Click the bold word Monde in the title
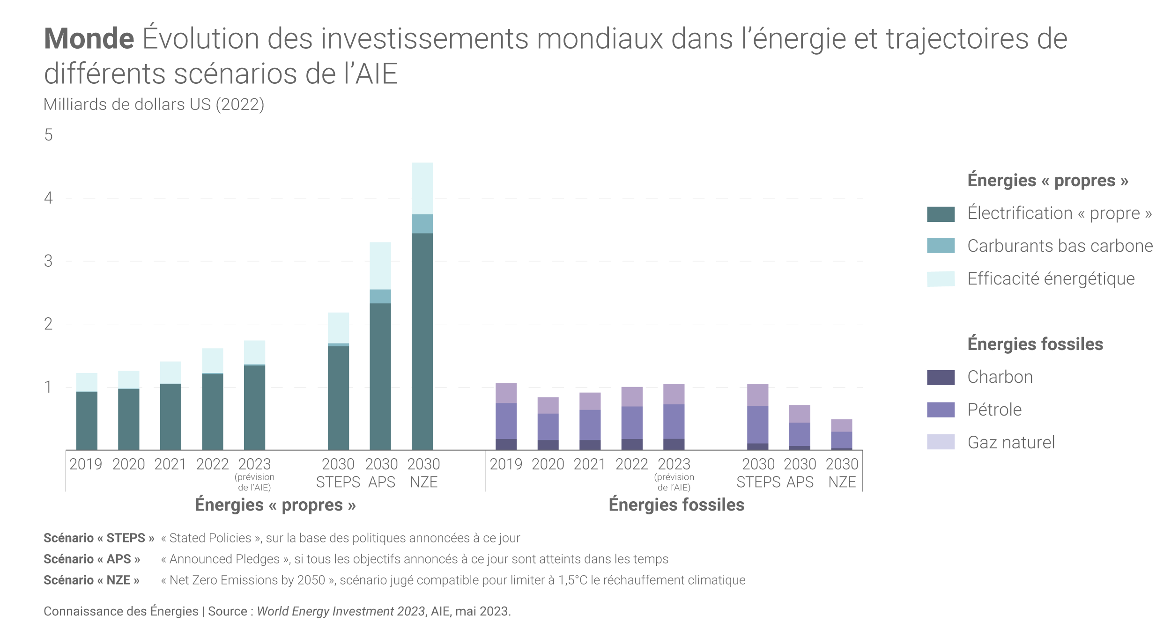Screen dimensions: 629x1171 tap(89, 38)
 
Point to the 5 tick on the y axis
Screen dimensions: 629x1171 tap(48, 135)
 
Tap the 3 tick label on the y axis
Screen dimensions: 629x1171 tap(48, 261)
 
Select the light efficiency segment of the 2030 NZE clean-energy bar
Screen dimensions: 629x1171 tap(422, 189)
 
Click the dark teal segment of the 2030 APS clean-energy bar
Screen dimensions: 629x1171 tap(380, 376)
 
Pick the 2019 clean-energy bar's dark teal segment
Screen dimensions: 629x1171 tap(87, 421)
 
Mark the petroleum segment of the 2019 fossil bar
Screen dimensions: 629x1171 tap(506, 421)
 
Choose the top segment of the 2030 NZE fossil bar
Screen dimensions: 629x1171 tap(841, 425)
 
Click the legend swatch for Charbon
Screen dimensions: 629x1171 tap(941, 377)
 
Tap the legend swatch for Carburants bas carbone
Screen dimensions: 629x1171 tap(941, 246)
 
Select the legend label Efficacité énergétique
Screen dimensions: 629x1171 tap(1051, 279)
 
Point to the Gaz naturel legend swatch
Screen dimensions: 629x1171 tap(941, 442)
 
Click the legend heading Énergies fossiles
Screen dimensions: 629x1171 tap(1035, 344)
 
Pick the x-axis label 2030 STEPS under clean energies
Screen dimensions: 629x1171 tap(338, 473)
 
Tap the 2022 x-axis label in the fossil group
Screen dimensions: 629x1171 tap(631, 464)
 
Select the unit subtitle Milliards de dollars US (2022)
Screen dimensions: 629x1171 tap(154, 104)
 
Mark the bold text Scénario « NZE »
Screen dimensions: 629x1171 tap(91, 580)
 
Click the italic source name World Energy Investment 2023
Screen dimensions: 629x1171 tap(341, 611)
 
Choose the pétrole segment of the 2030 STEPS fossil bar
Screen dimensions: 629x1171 tap(757, 424)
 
